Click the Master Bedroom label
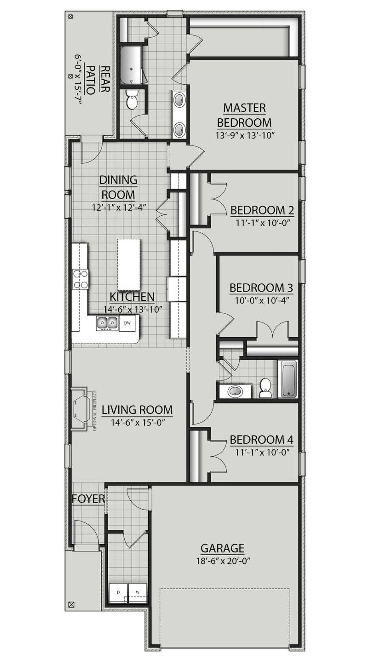point(244,115)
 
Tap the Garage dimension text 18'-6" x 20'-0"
point(223,561)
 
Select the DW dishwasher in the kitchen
point(127,323)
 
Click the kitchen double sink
point(107,323)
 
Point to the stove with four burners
point(80,279)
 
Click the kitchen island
point(129,264)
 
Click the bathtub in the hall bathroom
point(289,378)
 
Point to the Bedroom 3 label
point(261,288)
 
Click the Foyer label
point(88,499)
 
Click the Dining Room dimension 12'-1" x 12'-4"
point(119,207)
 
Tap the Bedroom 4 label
point(261,440)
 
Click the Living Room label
point(137,410)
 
